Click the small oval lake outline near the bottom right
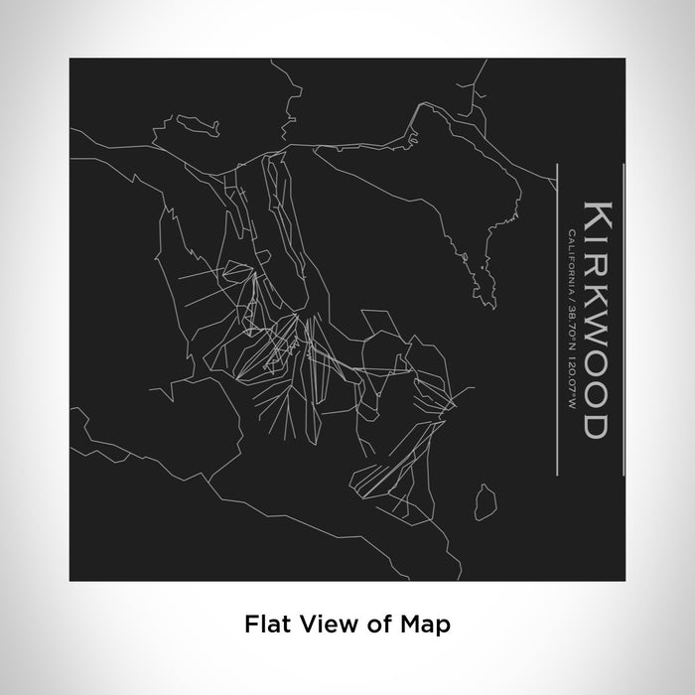point(485,500)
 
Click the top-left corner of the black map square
point(70,59)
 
